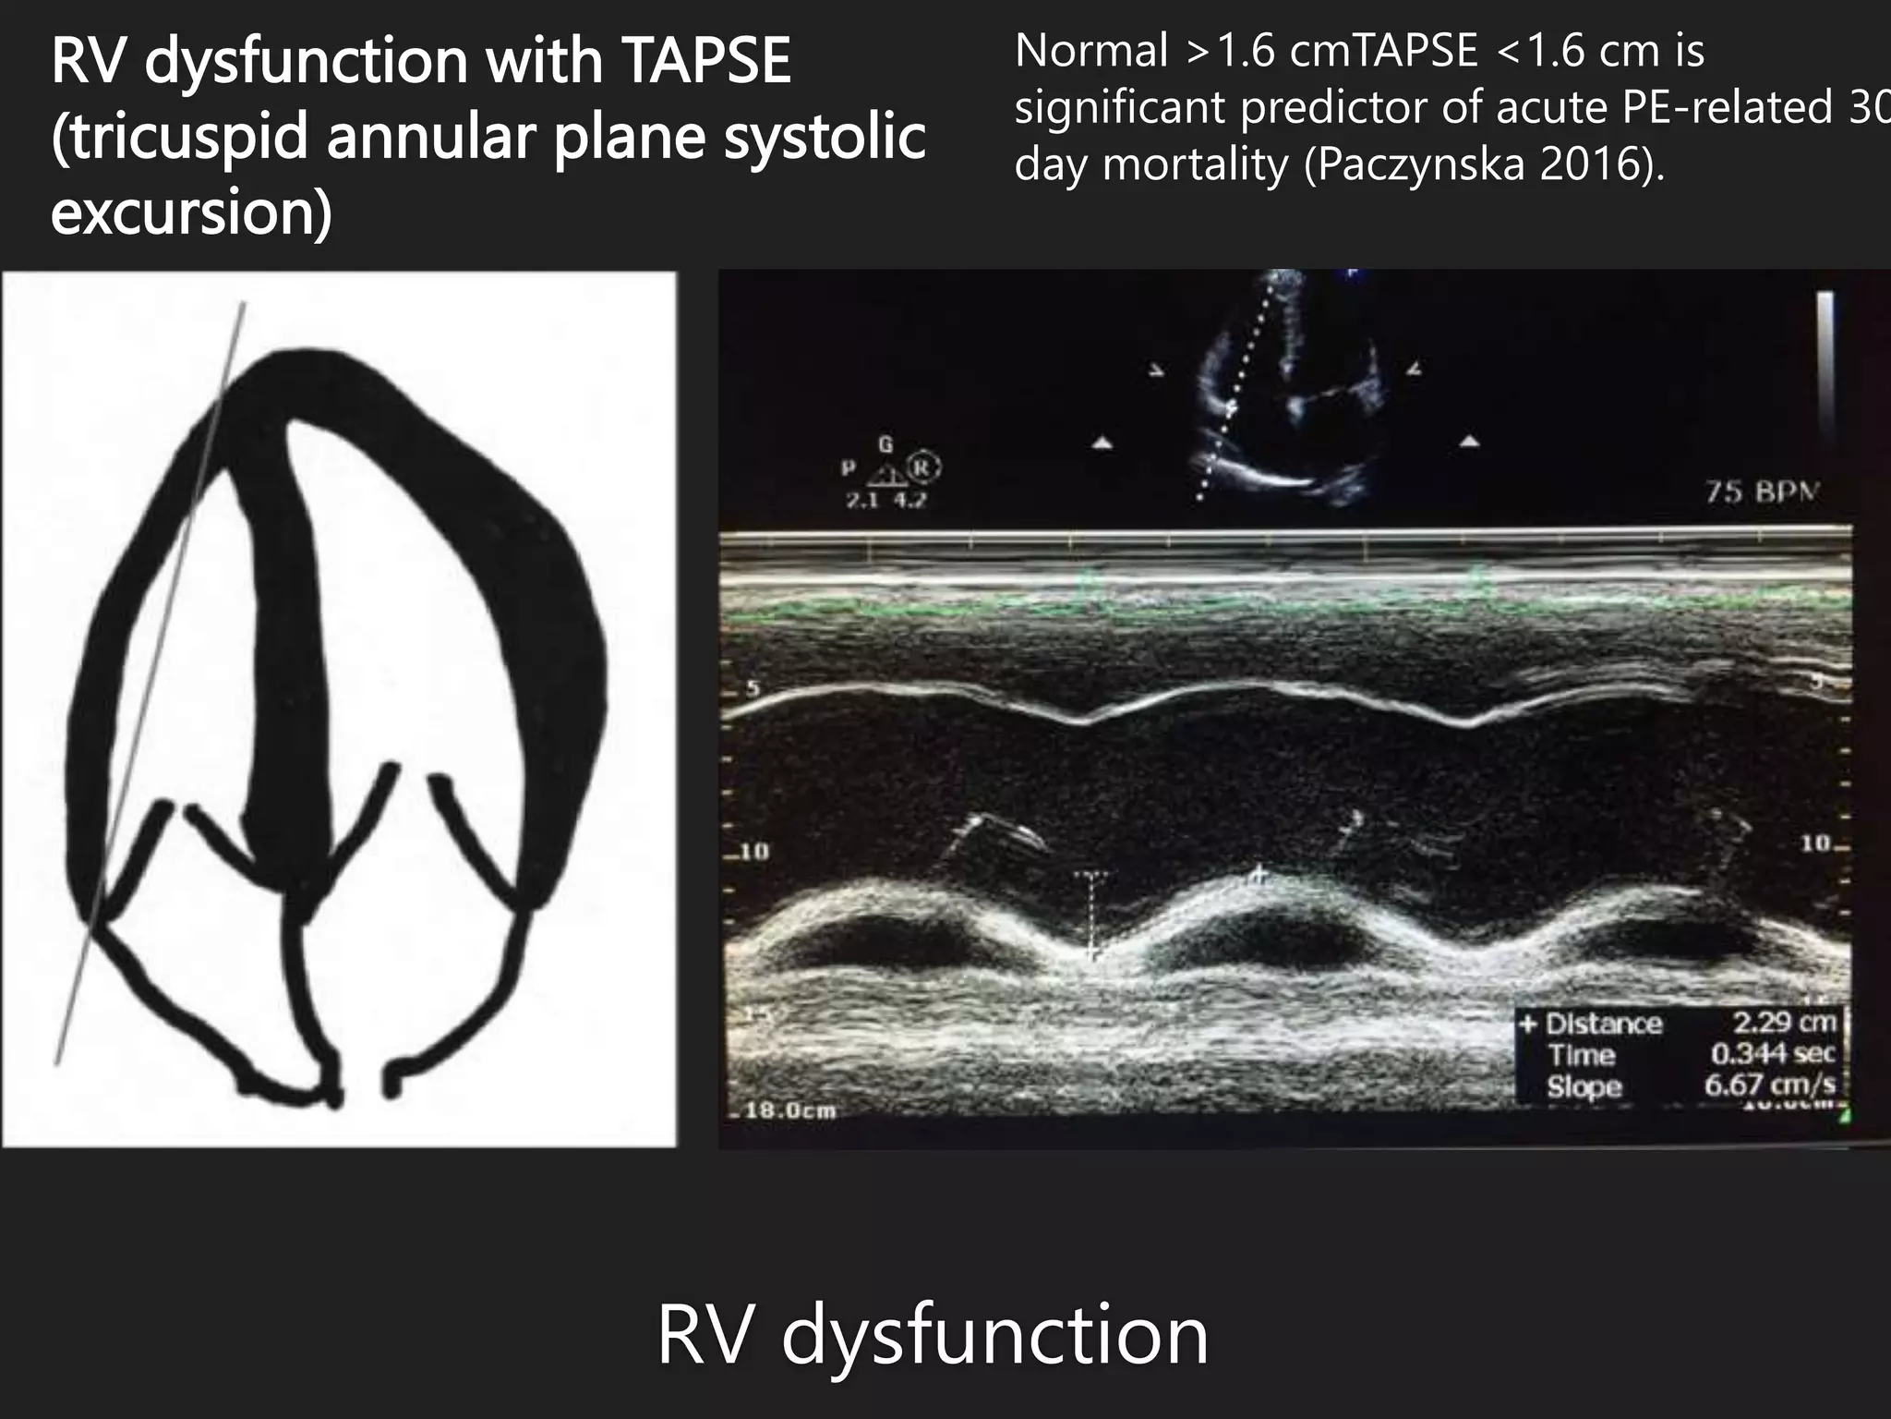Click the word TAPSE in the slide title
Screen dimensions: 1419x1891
point(706,61)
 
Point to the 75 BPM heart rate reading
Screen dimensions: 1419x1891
point(1760,492)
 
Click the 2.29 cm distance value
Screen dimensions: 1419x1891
point(1783,1022)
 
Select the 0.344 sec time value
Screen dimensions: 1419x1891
point(1772,1053)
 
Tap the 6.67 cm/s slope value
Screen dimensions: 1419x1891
point(1769,1084)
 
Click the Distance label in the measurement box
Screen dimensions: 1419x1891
point(1603,1024)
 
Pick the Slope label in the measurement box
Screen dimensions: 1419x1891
point(1584,1086)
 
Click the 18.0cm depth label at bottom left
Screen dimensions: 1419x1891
point(790,1110)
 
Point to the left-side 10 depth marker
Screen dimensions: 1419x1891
point(753,851)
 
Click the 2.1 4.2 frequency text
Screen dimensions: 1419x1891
point(885,501)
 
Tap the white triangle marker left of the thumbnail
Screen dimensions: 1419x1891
point(1102,443)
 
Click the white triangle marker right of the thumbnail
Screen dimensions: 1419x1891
point(1469,442)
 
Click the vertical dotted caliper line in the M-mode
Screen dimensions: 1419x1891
point(1091,915)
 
